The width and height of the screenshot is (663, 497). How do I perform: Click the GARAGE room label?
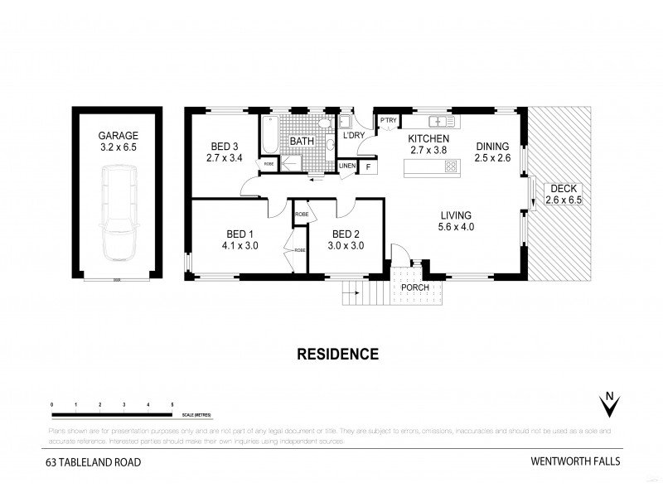(x=119, y=135)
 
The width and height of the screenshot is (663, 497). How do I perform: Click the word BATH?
(x=301, y=142)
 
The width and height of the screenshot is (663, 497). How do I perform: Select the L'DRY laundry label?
(x=354, y=135)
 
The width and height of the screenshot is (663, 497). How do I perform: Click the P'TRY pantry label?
(x=388, y=121)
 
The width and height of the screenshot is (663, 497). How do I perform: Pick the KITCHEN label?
(x=428, y=138)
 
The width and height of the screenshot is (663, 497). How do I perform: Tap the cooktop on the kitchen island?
(x=450, y=167)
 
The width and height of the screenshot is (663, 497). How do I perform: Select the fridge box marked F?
(x=368, y=166)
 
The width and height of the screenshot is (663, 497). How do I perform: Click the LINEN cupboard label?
(x=348, y=166)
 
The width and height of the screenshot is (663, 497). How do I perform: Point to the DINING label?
(x=492, y=147)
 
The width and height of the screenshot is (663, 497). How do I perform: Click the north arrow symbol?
(x=610, y=406)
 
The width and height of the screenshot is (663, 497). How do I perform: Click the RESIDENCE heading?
(x=337, y=354)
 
